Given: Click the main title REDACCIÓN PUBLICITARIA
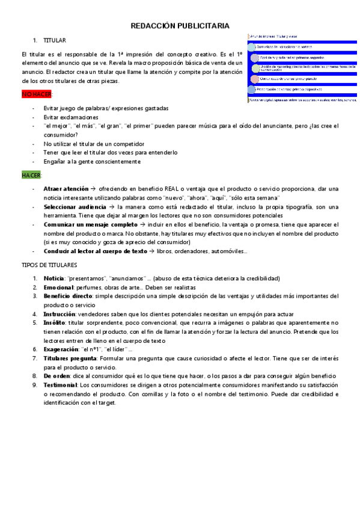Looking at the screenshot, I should pos(180,26).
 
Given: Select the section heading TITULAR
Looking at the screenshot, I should pos(55,40).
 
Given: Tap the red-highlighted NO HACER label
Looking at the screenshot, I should pos(37,94).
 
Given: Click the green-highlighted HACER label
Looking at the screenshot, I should pos(31,175).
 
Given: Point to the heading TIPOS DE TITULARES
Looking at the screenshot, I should pos(49,265).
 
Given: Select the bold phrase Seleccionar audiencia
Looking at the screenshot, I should pos(75,206).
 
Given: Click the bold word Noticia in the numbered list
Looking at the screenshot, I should pos(54,278).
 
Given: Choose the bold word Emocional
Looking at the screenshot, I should pos(58,287).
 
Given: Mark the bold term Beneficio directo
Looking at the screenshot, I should pos(68,296).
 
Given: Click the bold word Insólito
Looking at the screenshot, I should pos(55,322).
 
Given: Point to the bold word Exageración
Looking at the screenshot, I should pos(61,349).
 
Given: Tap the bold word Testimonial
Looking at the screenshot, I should pos(60,384).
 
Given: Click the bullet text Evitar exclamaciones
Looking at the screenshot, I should pos(70,117).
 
